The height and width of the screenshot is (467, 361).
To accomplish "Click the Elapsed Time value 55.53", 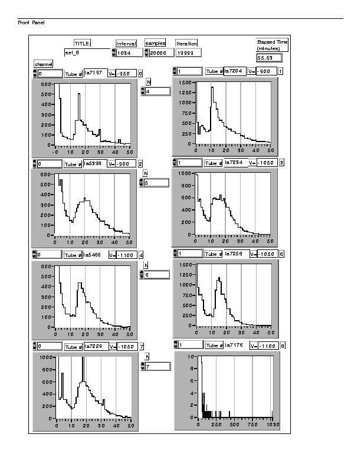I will (x=269, y=58).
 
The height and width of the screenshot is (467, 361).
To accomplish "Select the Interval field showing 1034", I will (x=130, y=53).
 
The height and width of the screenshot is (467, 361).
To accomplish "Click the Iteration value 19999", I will (x=188, y=53).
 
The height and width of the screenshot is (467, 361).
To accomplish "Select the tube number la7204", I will (x=235, y=71).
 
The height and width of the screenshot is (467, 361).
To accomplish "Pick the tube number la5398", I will (x=94, y=163).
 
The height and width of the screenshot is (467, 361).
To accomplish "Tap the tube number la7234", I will (x=235, y=162).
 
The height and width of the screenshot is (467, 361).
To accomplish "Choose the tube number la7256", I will (x=235, y=254).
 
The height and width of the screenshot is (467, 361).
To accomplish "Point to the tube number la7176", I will (x=235, y=345).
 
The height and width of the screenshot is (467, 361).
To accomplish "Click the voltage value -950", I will (x=126, y=73).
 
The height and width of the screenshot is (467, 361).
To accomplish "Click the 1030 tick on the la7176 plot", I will (x=273, y=425).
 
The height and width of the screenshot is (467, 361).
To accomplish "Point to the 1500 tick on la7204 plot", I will (x=183, y=83).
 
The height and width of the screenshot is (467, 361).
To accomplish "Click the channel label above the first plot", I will (x=44, y=64).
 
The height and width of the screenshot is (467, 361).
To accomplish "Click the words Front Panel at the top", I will (x=31, y=22).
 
